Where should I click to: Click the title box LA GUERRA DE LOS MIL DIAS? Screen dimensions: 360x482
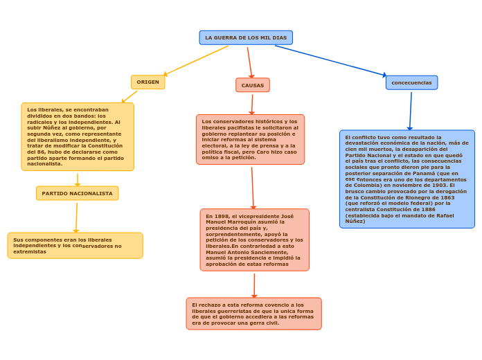tap(246, 37)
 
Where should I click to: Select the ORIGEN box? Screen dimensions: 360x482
tap(148, 82)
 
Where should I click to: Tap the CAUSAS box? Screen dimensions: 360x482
tap(252, 85)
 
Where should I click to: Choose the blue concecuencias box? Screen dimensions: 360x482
tap(411, 82)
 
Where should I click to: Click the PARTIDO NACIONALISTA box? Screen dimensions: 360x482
tap(77, 193)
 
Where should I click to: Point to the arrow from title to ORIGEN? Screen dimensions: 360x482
tap(196, 61)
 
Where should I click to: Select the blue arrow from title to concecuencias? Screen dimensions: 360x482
tap(331, 60)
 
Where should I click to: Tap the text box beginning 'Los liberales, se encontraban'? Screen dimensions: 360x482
tap(78, 136)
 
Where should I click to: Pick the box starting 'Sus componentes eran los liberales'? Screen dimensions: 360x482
tap(75, 245)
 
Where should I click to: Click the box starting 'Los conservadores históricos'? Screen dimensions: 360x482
tap(250, 139)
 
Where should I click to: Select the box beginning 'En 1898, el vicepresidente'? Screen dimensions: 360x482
tap(254, 240)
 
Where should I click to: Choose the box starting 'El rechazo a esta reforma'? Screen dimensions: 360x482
tap(253, 314)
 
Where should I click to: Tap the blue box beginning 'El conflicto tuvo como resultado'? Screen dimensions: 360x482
tap(407, 179)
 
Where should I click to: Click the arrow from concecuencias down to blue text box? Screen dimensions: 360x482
tap(411, 111)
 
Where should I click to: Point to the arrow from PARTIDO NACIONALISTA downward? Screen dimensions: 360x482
tap(76, 217)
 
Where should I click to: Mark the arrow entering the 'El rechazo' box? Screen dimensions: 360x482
tap(254, 285)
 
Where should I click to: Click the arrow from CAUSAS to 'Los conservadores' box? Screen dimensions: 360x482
tap(252, 104)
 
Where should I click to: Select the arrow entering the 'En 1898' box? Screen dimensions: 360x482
tap(253, 187)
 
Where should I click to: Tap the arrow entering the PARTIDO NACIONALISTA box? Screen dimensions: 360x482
tap(78, 179)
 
